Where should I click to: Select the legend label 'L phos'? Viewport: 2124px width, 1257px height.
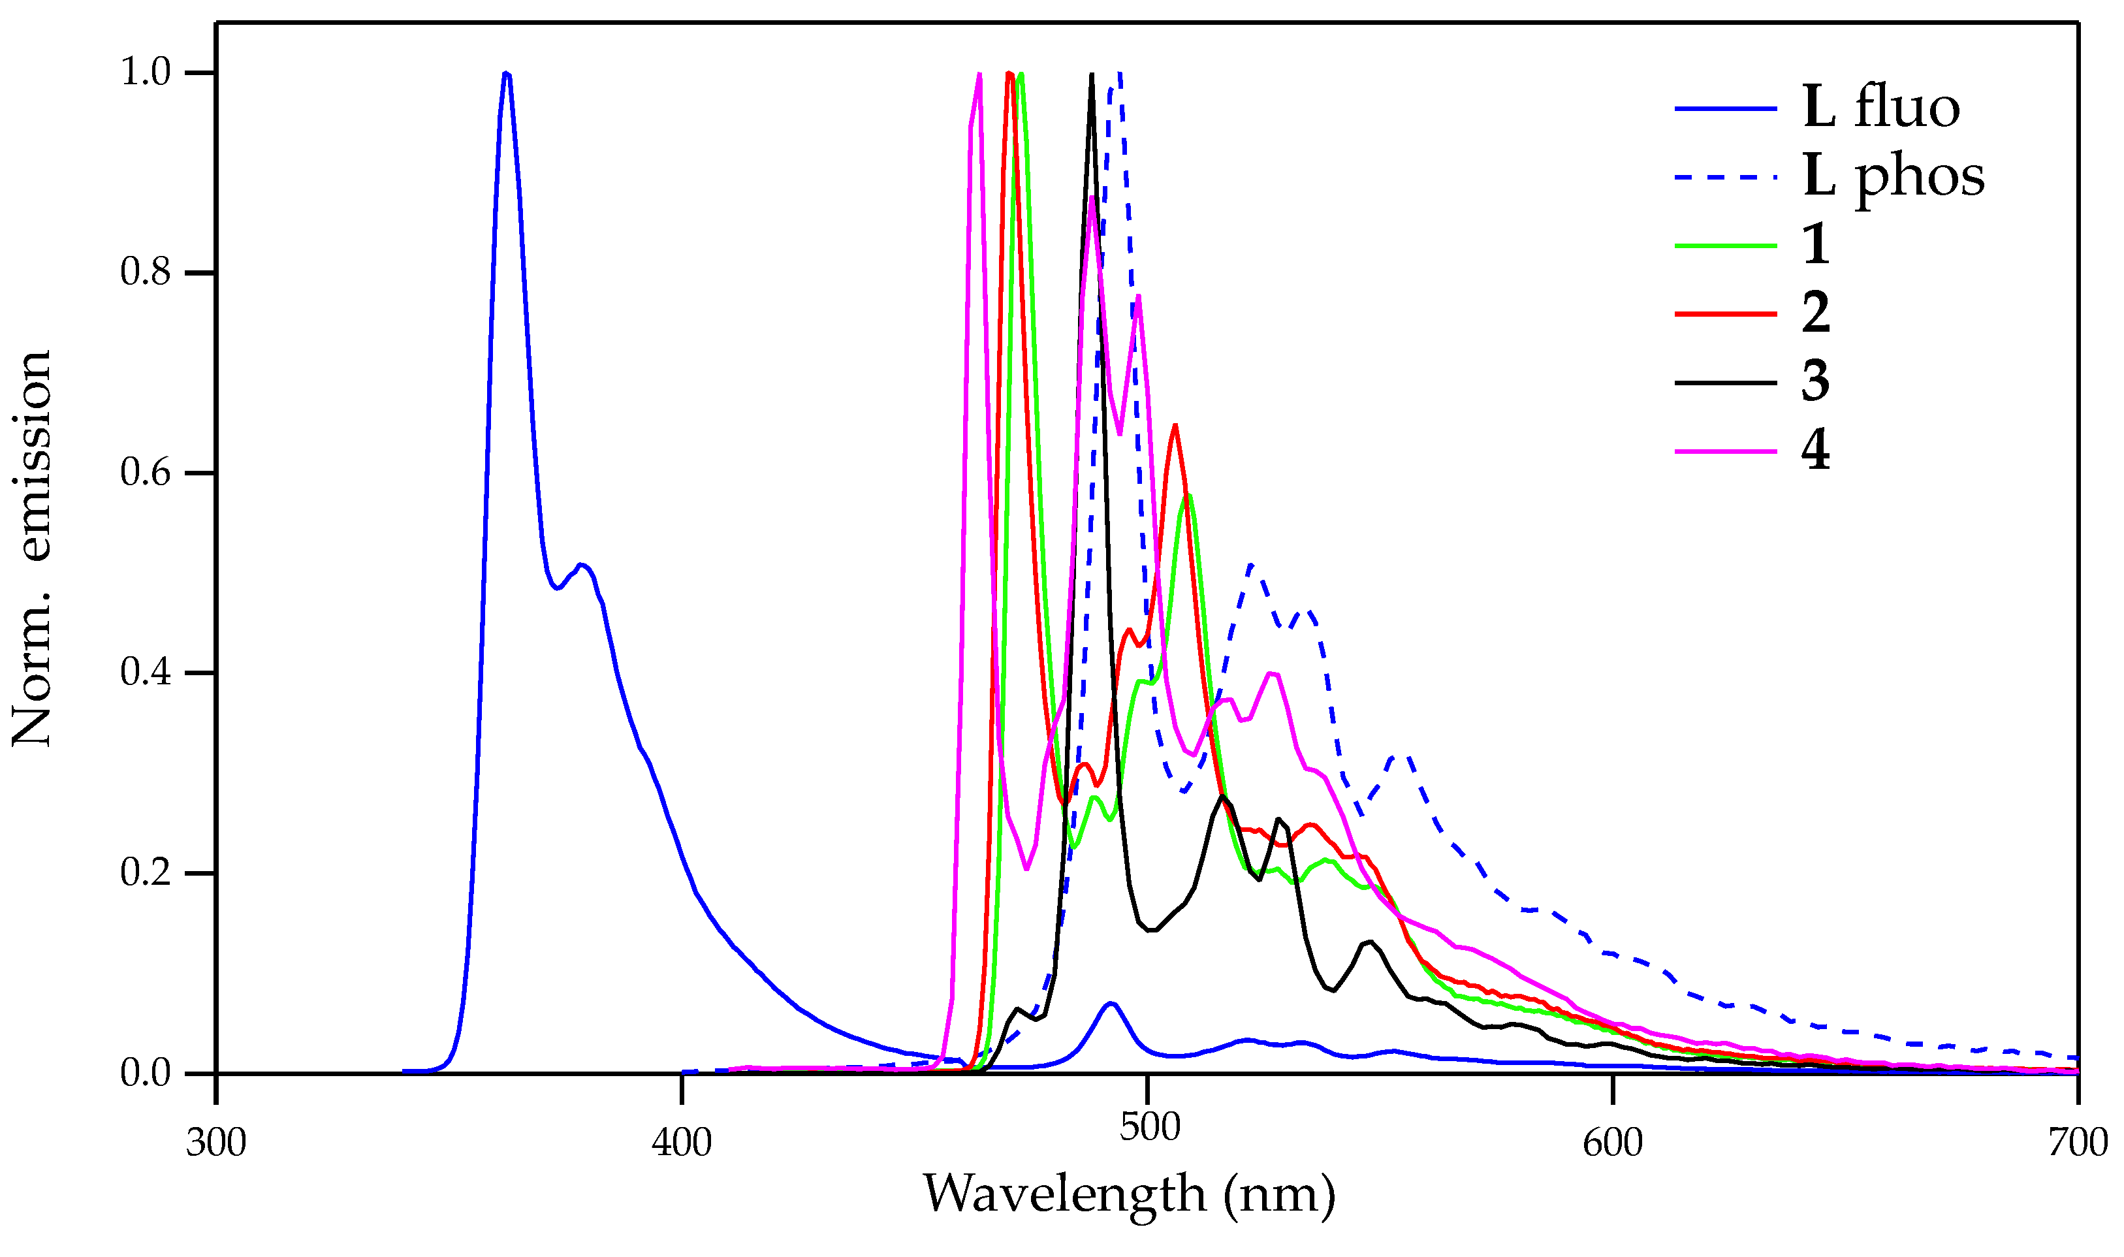coord(1894,178)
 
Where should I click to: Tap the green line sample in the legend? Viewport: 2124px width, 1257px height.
coord(1725,246)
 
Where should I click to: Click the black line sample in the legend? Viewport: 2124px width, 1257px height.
coord(1725,383)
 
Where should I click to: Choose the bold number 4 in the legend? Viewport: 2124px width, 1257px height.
coord(1816,451)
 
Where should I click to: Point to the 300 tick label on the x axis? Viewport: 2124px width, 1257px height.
coord(216,1143)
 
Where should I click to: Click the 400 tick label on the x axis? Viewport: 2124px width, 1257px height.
coord(681,1143)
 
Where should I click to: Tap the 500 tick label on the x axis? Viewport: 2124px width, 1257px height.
coord(1149,1128)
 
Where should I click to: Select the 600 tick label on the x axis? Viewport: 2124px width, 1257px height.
coord(1613,1143)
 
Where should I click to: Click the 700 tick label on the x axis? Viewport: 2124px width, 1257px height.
coord(2078,1143)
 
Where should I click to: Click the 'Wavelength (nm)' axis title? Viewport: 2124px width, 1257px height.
coord(1129,1195)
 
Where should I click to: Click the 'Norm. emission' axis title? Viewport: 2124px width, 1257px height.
coord(32,549)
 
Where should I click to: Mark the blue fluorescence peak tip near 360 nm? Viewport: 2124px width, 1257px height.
coord(505,74)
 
